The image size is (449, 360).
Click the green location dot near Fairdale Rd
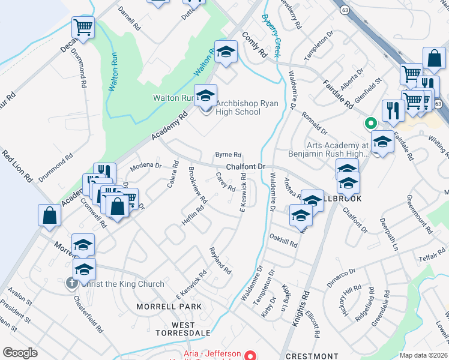[371, 124]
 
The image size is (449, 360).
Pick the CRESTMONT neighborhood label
[312, 356]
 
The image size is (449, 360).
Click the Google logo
[20, 352]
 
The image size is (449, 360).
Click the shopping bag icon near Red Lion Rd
[49, 215]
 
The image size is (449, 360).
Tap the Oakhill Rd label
[283, 241]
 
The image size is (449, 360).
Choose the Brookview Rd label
[197, 184]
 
